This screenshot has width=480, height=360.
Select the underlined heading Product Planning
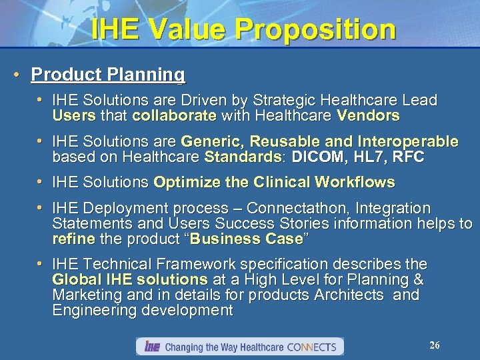108,75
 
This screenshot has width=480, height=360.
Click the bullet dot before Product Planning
21,75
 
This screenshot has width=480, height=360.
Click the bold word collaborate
174,116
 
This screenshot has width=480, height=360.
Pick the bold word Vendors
369,116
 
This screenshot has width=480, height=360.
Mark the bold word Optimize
186,182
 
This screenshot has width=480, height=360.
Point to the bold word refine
74,238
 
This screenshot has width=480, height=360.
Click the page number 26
435,345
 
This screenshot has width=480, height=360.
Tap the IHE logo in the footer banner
151,347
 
